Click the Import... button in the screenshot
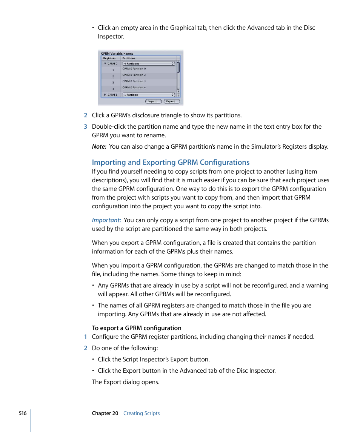point(153,101)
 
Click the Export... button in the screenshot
point(172,101)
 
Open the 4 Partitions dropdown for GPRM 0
point(149,64)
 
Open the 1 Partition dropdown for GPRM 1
point(149,95)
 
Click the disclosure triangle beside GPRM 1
point(105,95)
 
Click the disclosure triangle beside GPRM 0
point(105,64)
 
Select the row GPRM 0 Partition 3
point(134,81)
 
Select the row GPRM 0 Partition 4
point(134,88)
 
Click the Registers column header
point(109,58)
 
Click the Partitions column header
point(129,58)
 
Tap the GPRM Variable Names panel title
point(117,54)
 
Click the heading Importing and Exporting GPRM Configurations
point(171,162)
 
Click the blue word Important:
point(106,220)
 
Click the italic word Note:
point(99,146)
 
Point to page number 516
point(23,413)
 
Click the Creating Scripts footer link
point(142,413)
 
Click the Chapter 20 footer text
point(105,413)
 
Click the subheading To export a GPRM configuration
point(137,328)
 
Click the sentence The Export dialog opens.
point(126,382)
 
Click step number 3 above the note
point(85,126)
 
